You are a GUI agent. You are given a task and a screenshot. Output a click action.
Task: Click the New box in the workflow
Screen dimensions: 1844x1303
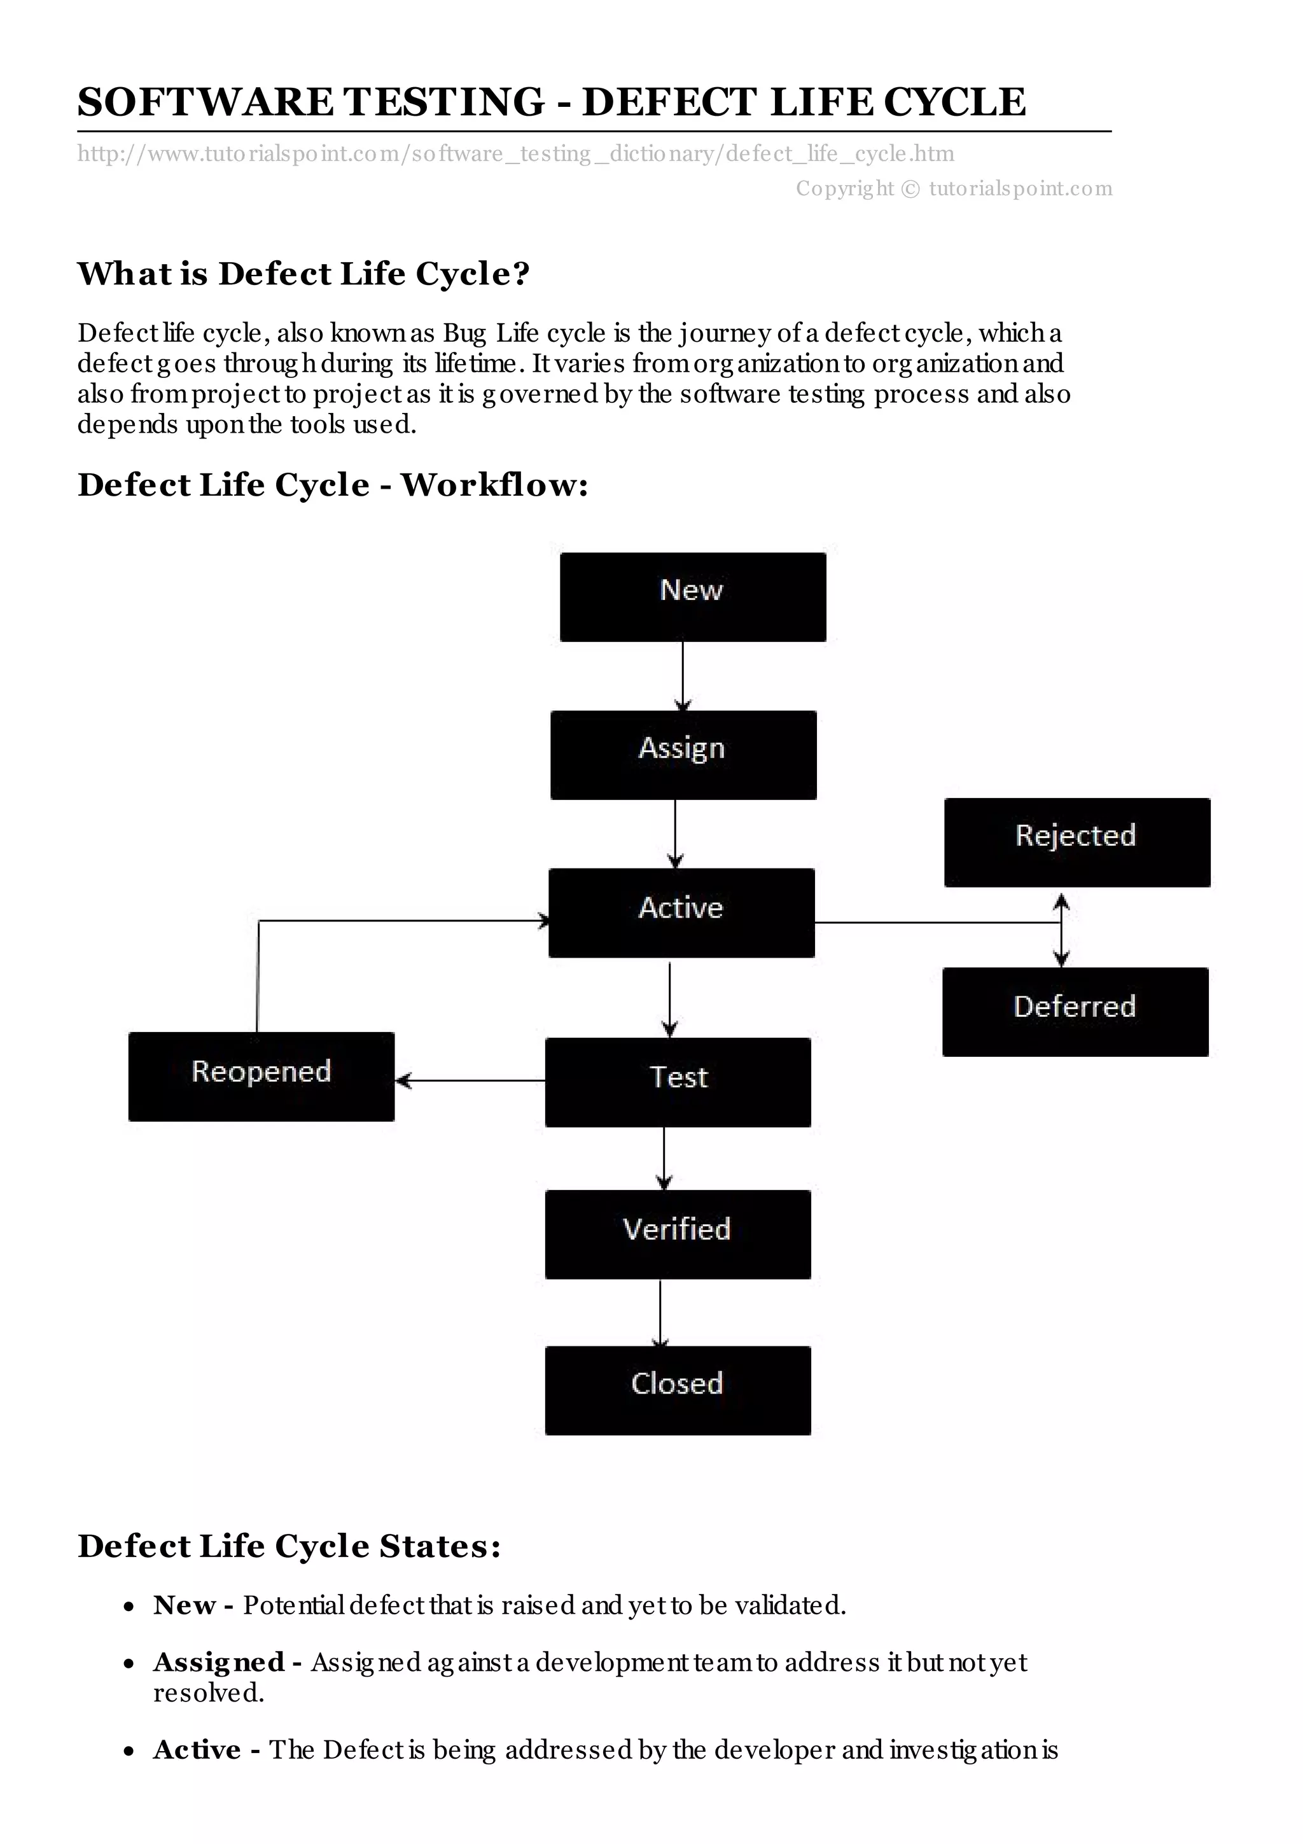(x=692, y=597)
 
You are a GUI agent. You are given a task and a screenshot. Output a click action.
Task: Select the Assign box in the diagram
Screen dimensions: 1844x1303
(x=683, y=754)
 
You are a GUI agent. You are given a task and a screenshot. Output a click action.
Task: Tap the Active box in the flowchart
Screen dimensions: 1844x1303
(x=681, y=912)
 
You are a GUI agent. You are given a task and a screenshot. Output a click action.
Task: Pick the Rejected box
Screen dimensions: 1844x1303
(x=1077, y=842)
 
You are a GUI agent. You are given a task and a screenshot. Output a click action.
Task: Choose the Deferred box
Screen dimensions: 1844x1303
(x=1075, y=1011)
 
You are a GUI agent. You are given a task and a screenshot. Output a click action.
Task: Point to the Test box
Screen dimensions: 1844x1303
(x=678, y=1082)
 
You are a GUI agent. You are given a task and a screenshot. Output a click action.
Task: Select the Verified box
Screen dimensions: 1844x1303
(x=678, y=1234)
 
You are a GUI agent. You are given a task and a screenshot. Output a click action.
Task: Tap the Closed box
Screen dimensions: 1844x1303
(x=678, y=1390)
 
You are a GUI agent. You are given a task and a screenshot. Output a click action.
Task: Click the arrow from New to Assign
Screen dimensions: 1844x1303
(x=683, y=676)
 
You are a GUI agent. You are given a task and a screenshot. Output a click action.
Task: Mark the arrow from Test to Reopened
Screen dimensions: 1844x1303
(x=470, y=1081)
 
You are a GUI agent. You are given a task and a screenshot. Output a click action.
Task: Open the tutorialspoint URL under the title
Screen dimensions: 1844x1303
(x=515, y=153)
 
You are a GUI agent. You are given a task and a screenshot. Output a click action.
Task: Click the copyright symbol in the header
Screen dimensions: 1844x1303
(x=910, y=189)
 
